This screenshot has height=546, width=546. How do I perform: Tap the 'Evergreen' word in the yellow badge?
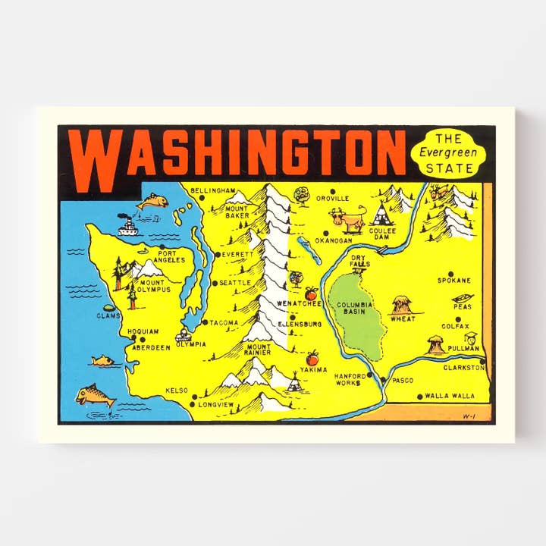coord(448,152)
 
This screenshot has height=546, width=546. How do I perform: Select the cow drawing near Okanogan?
coord(346,221)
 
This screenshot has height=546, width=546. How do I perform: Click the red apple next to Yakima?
coord(312,357)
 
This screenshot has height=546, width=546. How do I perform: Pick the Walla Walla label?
coord(450,396)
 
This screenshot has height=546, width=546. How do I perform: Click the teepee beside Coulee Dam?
coord(381,215)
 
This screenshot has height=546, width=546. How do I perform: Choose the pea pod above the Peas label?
coord(463,297)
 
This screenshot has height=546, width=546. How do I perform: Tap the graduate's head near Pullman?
coord(471,338)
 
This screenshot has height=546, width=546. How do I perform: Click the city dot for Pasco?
coord(384,380)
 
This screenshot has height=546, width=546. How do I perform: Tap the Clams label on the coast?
coord(108,315)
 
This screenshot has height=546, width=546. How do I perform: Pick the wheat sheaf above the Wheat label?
coord(402,305)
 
